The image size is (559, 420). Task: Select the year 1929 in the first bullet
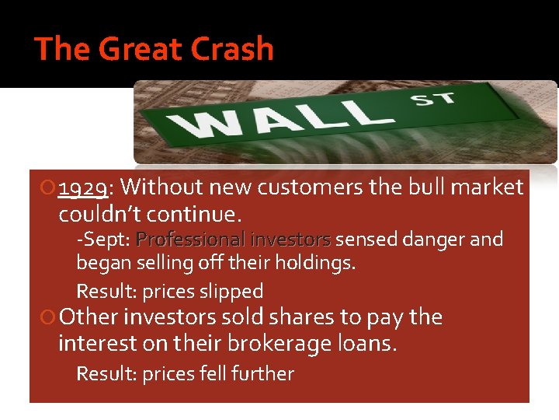[85, 187]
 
